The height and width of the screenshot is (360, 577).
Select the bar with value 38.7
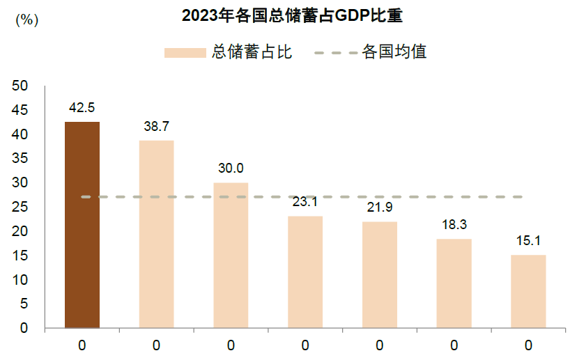tap(156, 234)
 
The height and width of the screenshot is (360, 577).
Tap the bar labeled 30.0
tap(231, 255)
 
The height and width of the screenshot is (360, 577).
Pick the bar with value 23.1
tap(305, 272)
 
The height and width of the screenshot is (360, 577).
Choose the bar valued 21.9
tap(379, 274)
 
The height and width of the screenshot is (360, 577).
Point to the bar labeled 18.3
tap(454, 283)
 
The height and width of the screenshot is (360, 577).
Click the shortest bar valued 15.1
tap(528, 291)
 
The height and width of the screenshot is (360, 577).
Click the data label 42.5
tap(82, 108)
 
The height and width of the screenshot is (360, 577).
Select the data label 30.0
tap(231, 169)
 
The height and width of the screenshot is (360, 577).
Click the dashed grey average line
tap(418, 197)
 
